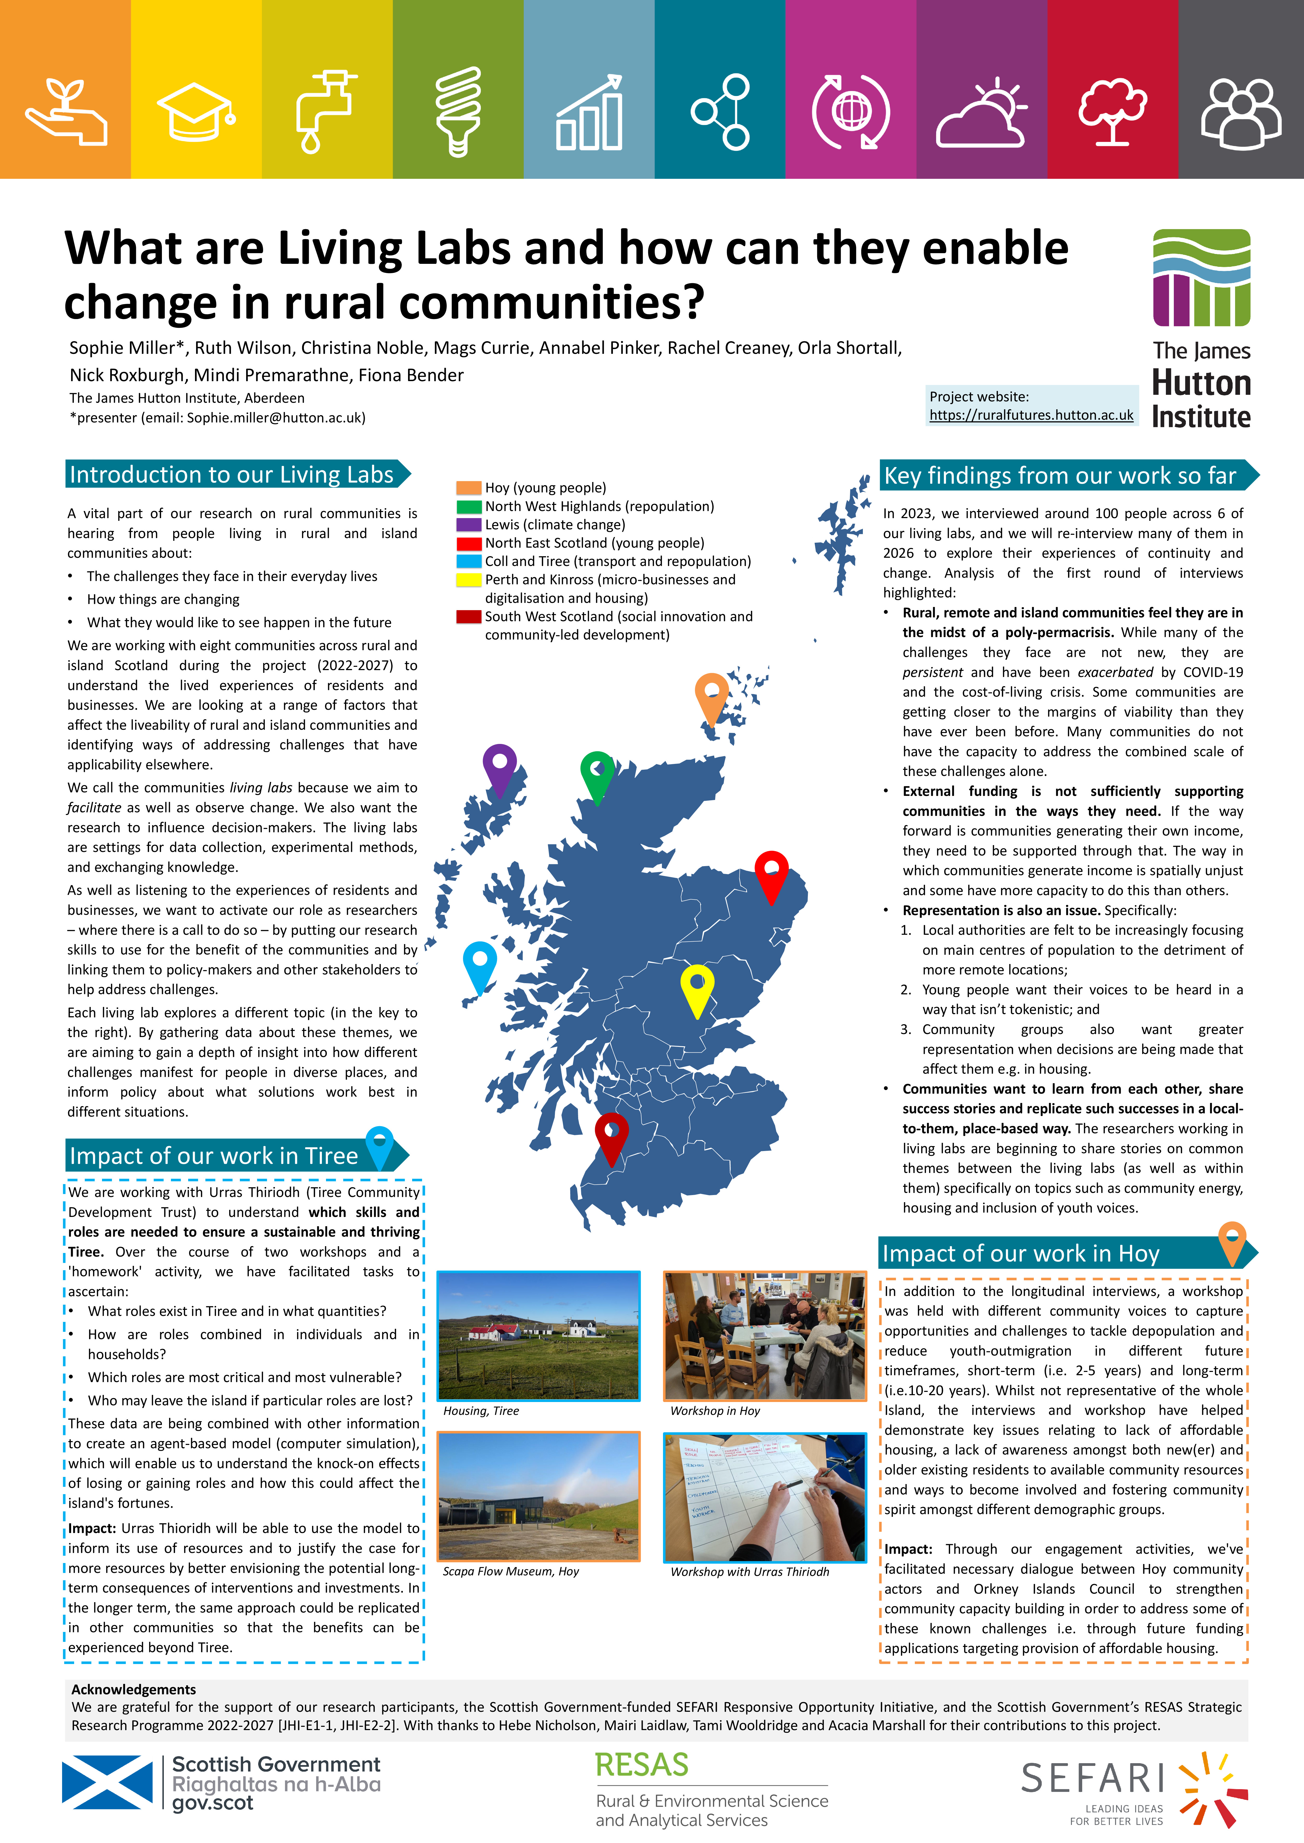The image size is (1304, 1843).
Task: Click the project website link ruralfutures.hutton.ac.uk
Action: pyautogui.click(x=1031, y=415)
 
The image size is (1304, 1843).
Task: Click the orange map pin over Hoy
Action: pyautogui.click(x=711, y=697)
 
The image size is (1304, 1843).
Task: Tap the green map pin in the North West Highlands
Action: pyautogui.click(x=596, y=775)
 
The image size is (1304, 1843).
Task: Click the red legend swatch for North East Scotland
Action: pyautogui.click(x=469, y=544)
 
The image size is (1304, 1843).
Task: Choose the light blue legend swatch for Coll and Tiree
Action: pyautogui.click(x=469, y=562)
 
